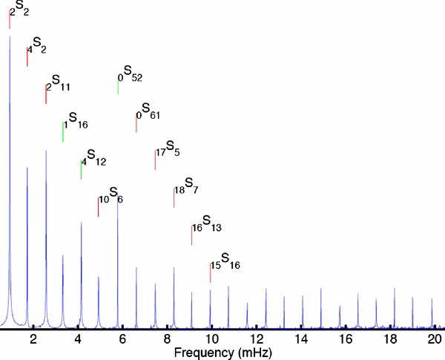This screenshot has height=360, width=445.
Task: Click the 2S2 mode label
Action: point(19,9)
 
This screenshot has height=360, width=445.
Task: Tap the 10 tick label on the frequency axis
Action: point(211,338)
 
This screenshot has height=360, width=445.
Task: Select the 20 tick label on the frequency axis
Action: point(434,338)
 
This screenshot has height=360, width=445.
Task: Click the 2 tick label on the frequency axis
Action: point(33,338)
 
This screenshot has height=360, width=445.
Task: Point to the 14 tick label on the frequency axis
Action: point(300,338)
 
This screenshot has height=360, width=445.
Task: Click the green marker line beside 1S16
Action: point(63,131)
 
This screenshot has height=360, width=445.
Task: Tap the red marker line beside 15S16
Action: point(210,272)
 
